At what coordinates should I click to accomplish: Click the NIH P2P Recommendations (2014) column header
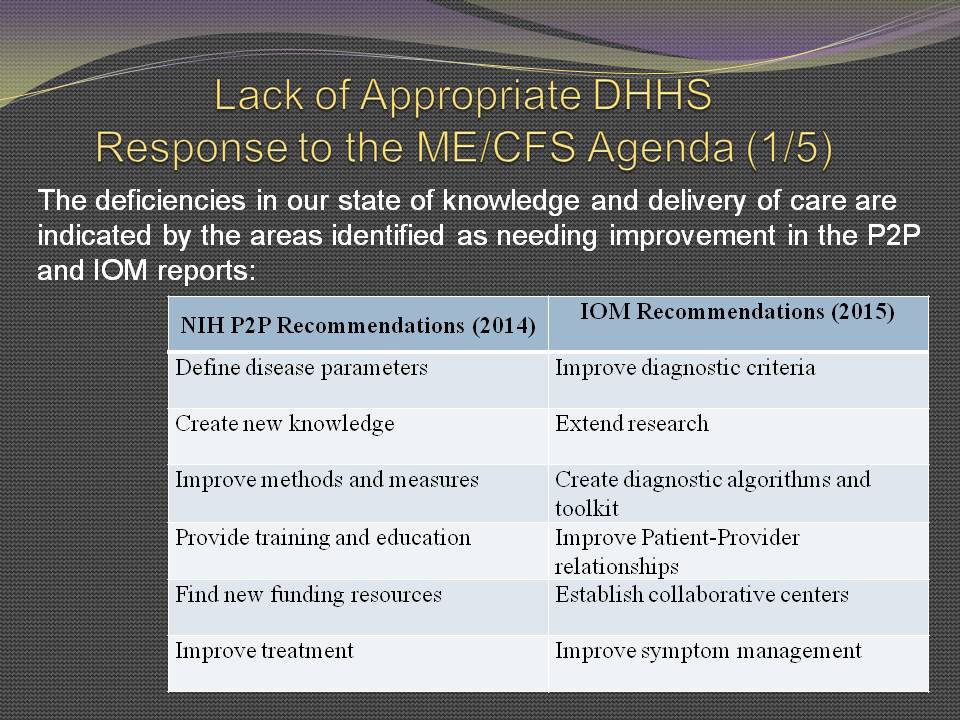[x=358, y=325]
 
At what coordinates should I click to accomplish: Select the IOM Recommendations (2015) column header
[x=737, y=312]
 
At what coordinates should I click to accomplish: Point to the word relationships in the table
[x=617, y=566]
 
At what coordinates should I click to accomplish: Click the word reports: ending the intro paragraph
[x=206, y=271]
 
